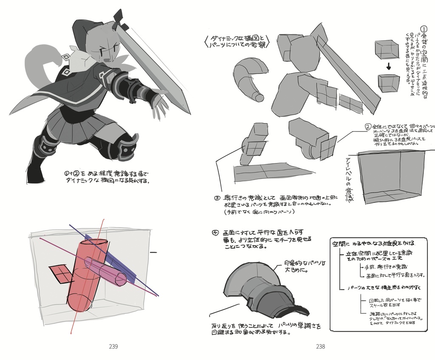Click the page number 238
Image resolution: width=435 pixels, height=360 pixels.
click(321, 346)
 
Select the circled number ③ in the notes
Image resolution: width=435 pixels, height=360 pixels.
click(217, 197)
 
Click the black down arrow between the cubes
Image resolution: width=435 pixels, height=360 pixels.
click(388, 67)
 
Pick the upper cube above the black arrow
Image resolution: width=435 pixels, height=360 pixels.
click(387, 49)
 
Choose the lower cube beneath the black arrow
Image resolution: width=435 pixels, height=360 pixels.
click(389, 83)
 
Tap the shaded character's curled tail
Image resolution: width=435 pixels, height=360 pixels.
click(40, 64)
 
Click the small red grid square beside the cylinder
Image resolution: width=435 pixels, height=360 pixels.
click(60, 274)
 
